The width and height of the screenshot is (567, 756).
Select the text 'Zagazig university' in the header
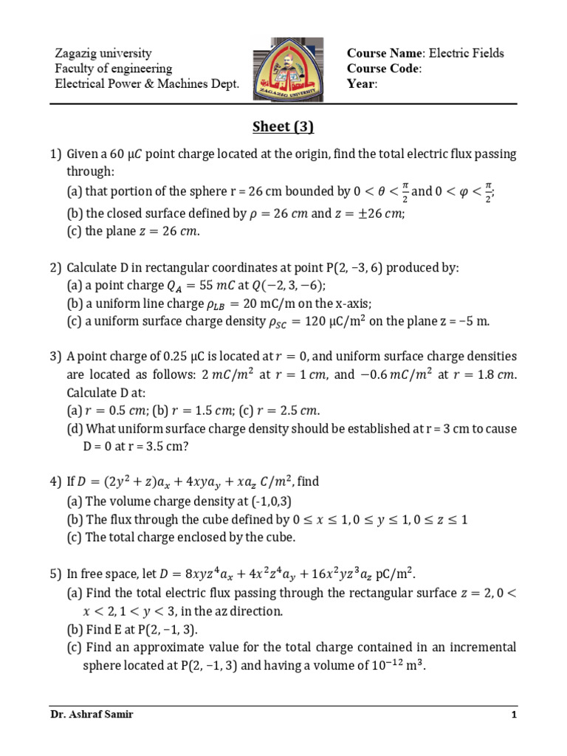tap(103, 53)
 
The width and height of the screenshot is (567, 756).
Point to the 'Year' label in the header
tap(362, 84)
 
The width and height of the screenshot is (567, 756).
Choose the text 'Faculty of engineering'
tap(114, 69)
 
